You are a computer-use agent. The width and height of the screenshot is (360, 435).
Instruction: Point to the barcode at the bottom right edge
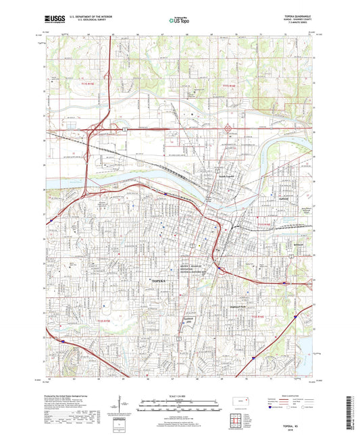353,411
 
